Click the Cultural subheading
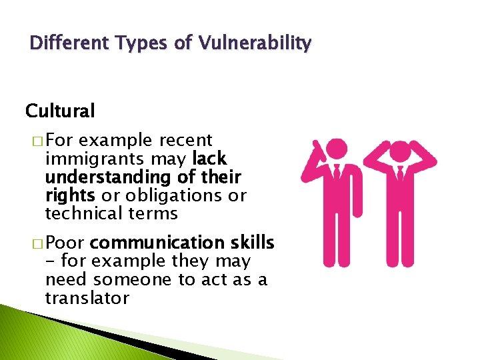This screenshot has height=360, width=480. point(60,109)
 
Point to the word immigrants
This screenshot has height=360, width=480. point(93,159)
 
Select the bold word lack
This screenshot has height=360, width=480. point(209,159)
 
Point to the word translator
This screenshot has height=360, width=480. point(87,298)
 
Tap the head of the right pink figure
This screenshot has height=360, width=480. point(399,153)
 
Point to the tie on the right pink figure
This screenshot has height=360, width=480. point(400,177)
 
